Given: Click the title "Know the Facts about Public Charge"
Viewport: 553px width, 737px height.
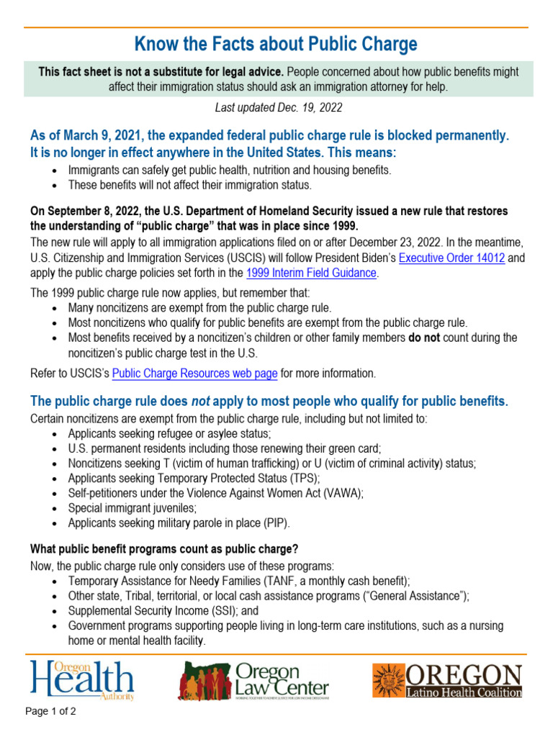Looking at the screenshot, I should pyautogui.click(x=276, y=45).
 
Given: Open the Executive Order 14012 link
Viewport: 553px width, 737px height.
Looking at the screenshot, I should pyautogui.click(x=451, y=258).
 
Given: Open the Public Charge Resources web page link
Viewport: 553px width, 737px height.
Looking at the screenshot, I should pyautogui.click(x=195, y=373).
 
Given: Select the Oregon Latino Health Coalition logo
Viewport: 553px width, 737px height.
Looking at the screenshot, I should pyautogui.click(x=446, y=681).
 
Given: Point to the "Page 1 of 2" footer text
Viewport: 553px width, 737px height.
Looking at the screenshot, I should pyautogui.click(x=51, y=712).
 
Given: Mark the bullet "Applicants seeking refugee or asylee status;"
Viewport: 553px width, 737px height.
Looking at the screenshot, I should pyautogui.click(x=169, y=433).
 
